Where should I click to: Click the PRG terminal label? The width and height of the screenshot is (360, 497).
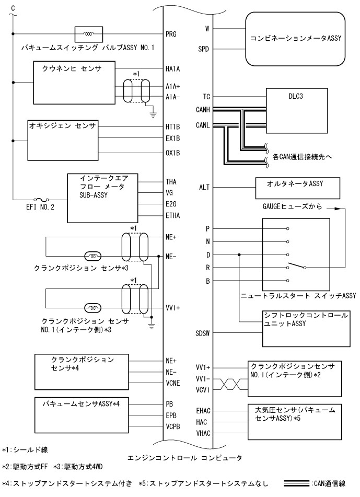(170, 34)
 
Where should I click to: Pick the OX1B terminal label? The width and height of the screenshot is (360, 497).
(171, 153)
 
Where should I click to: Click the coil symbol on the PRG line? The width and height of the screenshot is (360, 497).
(89, 34)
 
